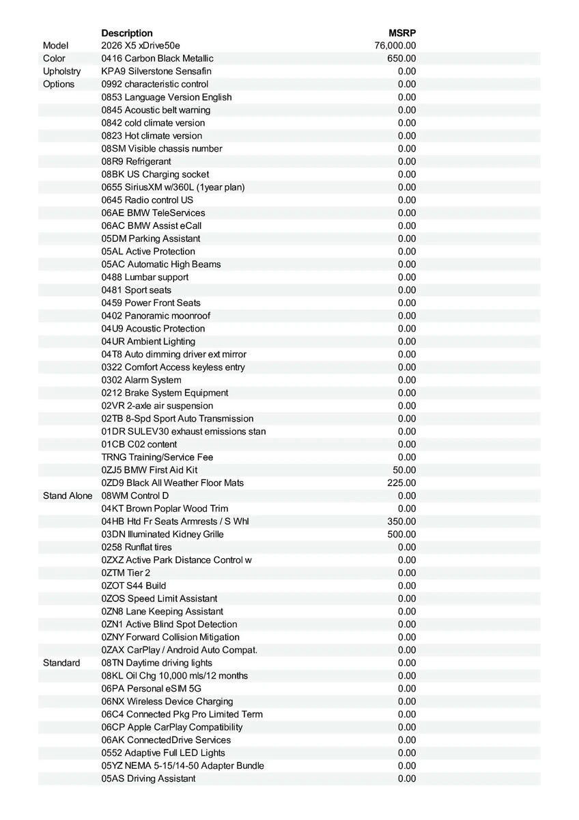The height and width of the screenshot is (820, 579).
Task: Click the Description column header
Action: pyautogui.click(x=127, y=33)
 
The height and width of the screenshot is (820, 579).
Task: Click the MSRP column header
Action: pyautogui.click(x=402, y=33)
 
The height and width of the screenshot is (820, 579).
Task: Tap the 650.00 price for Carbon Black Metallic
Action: pyautogui.click(x=401, y=59)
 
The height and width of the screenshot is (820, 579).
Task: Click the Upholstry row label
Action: pyautogui.click(x=61, y=72)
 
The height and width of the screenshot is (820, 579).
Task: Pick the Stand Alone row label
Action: pyautogui.click(x=68, y=496)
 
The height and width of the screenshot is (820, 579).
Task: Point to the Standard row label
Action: pyautogui.click(x=61, y=663)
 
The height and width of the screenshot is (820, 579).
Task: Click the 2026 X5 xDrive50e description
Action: pyautogui.click(x=141, y=46)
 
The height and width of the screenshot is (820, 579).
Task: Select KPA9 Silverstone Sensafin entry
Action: pyautogui.click(x=156, y=72)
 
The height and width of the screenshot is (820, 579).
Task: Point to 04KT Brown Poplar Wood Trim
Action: pyautogui.click(x=165, y=509)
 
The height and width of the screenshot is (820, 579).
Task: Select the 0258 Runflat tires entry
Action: pyautogui.click(x=137, y=547)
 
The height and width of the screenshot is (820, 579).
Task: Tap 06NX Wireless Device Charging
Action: pyautogui.click(x=167, y=702)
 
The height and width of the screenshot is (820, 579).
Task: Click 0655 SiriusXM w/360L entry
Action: pyautogui.click(x=173, y=187)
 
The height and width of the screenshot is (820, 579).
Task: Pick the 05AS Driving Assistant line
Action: pyautogui.click(x=148, y=779)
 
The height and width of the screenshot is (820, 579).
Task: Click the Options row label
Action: pyautogui.click(x=59, y=85)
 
